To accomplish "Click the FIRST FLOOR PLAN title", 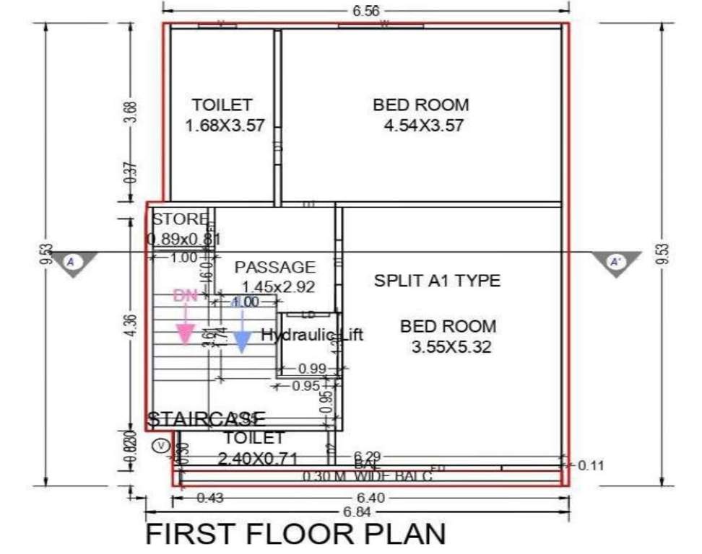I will pyautogui.click(x=296, y=535).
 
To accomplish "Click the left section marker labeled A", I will pyautogui.click(x=71, y=261).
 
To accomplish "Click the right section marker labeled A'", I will pyautogui.click(x=615, y=262).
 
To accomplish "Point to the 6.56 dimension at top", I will pyautogui.click(x=365, y=11).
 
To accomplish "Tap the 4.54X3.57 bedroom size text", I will pyautogui.click(x=423, y=126).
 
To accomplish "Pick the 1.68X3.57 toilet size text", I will pyautogui.click(x=225, y=126).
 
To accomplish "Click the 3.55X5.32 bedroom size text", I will pyautogui.click(x=451, y=347).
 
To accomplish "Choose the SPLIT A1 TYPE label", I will pyautogui.click(x=437, y=281).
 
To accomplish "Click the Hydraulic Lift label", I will pyautogui.click(x=311, y=335).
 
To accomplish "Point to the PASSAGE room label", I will pyautogui.click(x=274, y=267).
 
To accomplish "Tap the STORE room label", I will pyautogui.click(x=180, y=219).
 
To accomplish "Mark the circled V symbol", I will pyautogui.click(x=160, y=446).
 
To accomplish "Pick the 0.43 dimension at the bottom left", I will pyautogui.click(x=209, y=498).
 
